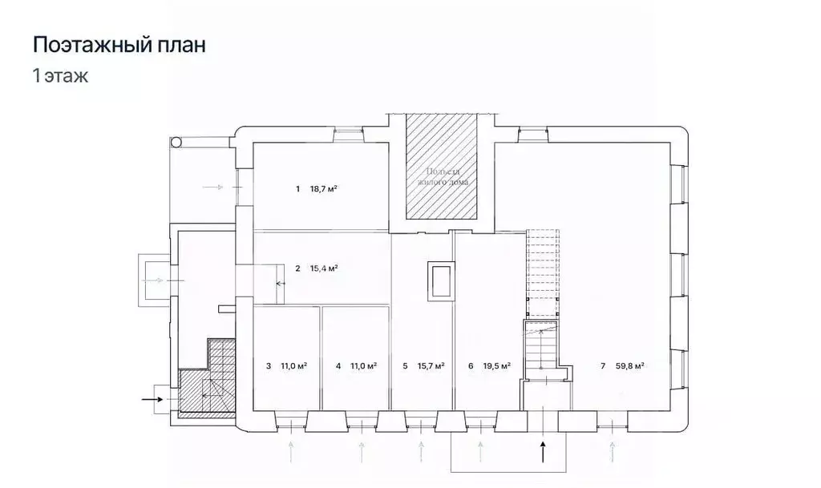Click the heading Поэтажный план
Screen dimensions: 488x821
[119, 45]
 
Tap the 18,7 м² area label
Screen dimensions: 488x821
[323, 190]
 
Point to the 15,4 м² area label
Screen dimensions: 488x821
[323, 268]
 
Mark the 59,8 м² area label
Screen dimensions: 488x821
[630, 366]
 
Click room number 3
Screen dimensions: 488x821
[268, 366]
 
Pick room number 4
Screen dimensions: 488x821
[338, 366]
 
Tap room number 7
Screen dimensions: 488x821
[602, 366]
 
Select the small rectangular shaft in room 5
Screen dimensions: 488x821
[441, 280]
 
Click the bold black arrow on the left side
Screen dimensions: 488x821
[151, 397]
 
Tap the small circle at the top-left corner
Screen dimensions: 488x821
[176, 142]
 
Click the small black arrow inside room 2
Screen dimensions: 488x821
[281, 283]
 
